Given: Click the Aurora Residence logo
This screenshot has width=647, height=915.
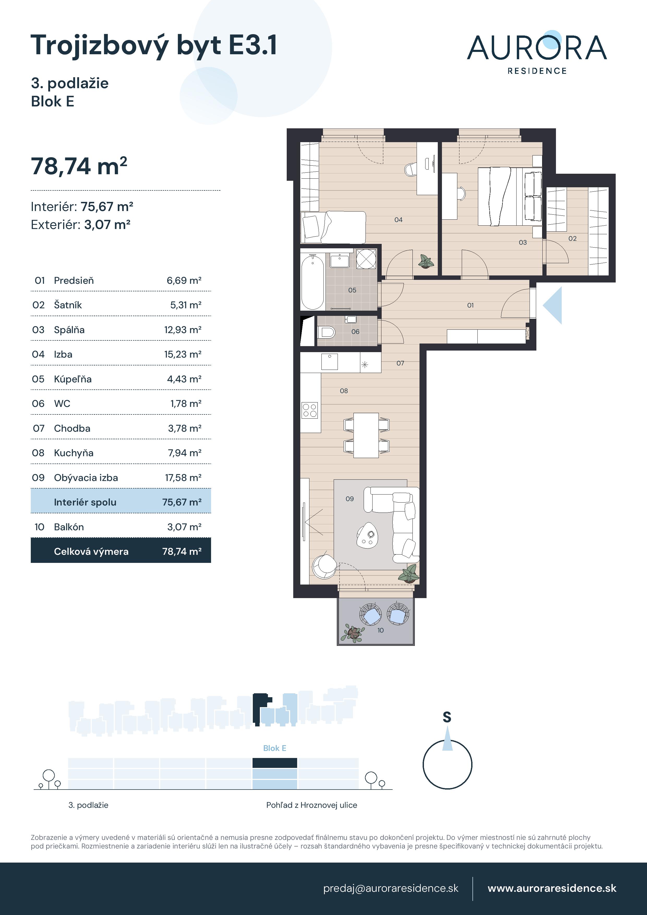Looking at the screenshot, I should click(537, 53).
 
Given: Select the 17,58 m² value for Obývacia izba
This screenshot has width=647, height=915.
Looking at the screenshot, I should click(183, 477).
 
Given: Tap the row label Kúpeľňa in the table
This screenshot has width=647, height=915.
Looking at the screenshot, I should click(73, 379).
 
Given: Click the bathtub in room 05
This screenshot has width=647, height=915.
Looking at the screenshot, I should click(313, 282).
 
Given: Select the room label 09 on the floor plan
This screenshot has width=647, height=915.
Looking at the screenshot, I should click(350, 498).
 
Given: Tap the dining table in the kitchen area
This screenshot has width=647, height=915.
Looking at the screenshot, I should click(366, 435).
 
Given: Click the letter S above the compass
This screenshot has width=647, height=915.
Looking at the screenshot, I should click(447, 717).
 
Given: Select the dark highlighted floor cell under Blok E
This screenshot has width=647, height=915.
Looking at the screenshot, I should click(275, 763).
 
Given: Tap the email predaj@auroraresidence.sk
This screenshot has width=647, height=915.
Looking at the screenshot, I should click(391, 888).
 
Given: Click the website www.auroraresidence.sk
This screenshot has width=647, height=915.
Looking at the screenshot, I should click(552, 888).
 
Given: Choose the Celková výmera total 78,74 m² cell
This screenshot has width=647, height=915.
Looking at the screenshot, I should click(182, 552).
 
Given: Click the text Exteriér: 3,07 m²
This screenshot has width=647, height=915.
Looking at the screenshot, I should click(81, 225).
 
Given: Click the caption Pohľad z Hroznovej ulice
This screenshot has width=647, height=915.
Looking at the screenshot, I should click(311, 805).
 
